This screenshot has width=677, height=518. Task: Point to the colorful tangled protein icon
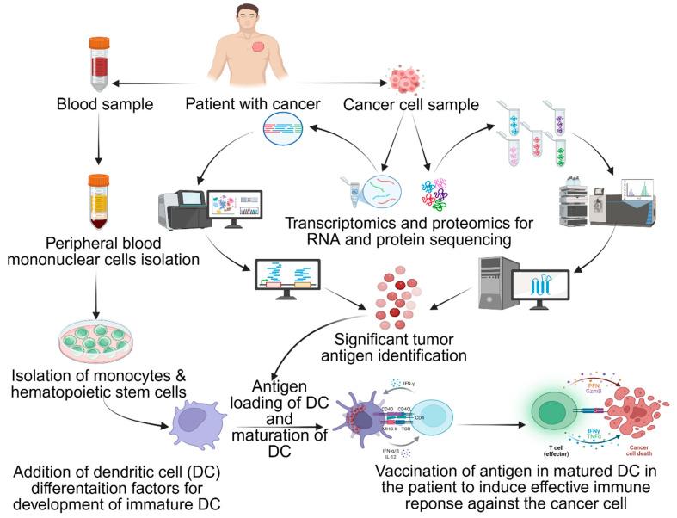[x=439, y=188]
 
